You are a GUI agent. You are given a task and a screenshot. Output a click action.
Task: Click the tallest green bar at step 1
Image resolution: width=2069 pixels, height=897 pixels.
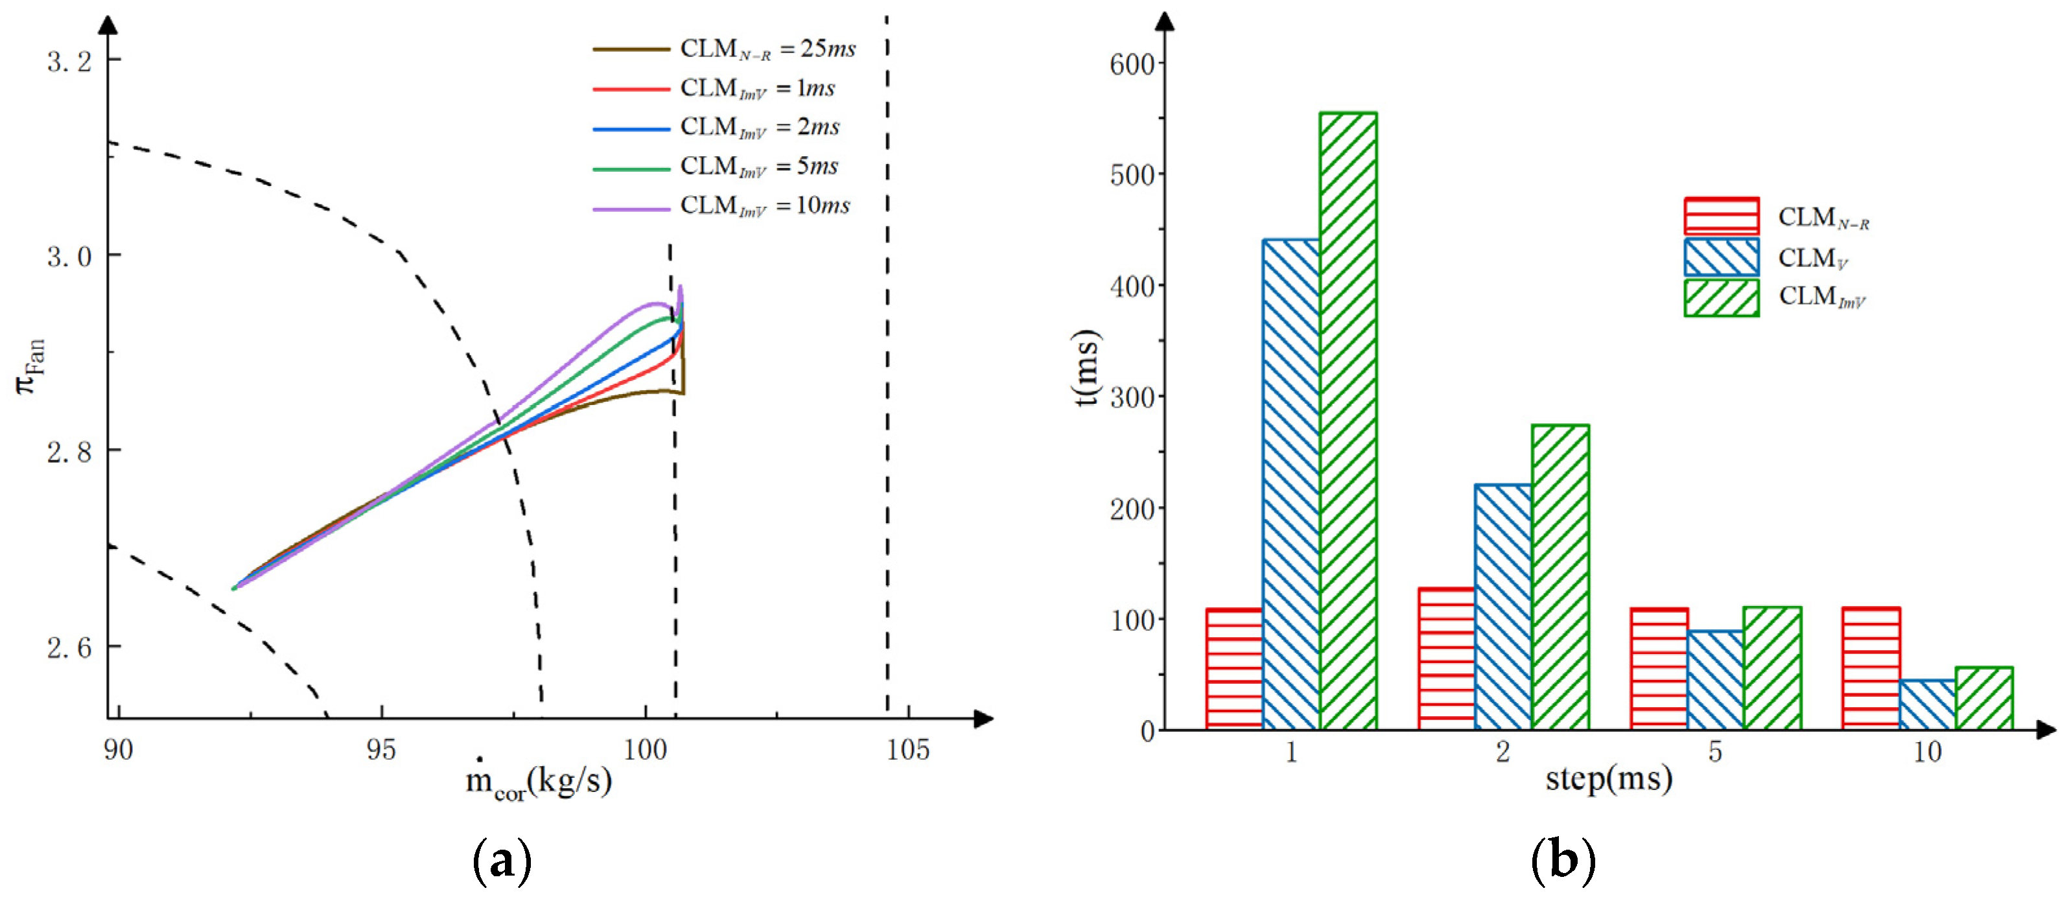(x=1348, y=421)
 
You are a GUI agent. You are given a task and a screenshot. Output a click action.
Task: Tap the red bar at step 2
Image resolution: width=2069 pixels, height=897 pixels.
(x=1447, y=658)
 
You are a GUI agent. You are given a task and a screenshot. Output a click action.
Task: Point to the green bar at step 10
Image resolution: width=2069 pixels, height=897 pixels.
(x=1984, y=698)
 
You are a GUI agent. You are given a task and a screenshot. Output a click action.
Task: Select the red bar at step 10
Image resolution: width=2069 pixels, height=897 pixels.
(x=1871, y=668)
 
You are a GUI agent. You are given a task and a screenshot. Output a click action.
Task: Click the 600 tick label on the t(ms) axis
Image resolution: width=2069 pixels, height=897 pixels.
(x=1132, y=64)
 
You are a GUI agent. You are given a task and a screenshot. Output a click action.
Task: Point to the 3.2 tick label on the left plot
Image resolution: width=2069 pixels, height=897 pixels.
(x=70, y=61)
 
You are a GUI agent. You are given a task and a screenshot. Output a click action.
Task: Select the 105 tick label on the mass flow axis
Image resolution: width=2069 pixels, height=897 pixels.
(x=907, y=750)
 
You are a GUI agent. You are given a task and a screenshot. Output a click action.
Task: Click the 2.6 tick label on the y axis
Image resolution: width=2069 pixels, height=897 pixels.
(x=70, y=647)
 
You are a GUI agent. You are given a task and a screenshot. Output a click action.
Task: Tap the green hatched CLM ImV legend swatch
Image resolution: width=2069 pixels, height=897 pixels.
(x=1721, y=298)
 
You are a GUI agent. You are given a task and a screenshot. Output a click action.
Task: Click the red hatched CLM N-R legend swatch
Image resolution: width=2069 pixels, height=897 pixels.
(x=1721, y=216)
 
